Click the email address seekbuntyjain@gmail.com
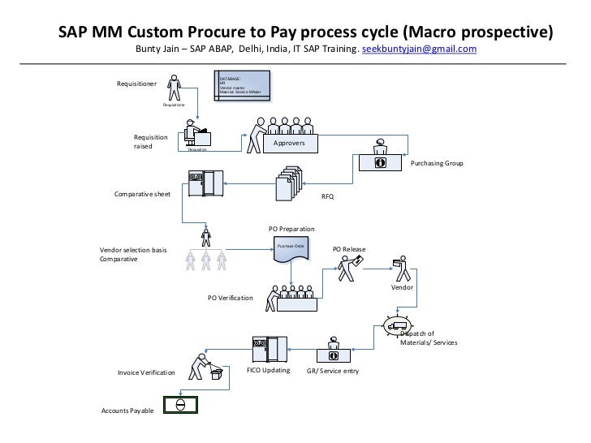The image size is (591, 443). pyautogui.click(x=419, y=49)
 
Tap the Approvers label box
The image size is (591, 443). pyautogui.click(x=289, y=143)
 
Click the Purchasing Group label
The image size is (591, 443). pyautogui.click(x=437, y=164)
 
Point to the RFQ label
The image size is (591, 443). pyautogui.click(x=328, y=197)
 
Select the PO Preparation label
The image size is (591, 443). pyautogui.click(x=291, y=230)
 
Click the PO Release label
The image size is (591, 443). pyautogui.click(x=349, y=248)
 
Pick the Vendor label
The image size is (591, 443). pyautogui.click(x=402, y=288)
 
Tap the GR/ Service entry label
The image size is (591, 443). pyautogui.click(x=332, y=371)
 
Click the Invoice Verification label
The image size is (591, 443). pyautogui.click(x=146, y=372)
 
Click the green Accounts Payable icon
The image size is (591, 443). pyautogui.click(x=179, y=403)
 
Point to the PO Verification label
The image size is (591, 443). pyautogui.click(x=230, y=298)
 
